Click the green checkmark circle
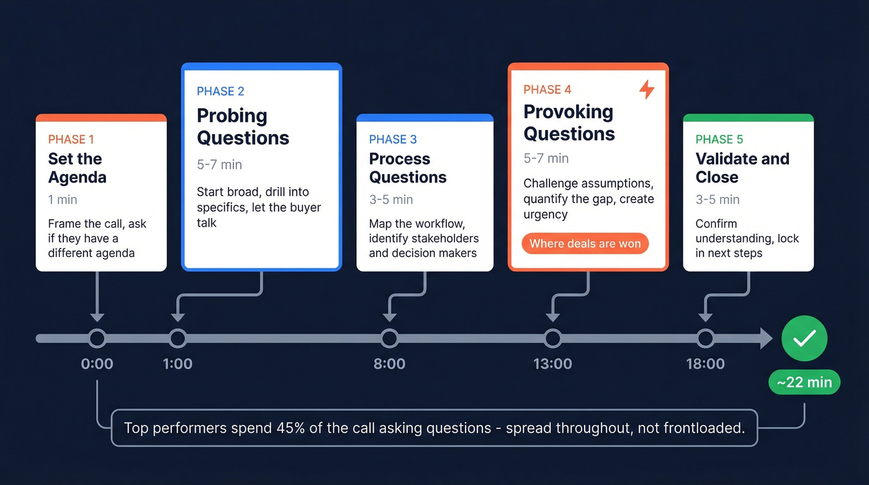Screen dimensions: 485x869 804,338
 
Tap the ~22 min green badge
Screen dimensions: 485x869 804,383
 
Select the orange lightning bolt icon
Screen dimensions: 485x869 647,89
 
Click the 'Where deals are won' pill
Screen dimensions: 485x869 585,243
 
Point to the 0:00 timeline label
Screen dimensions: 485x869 97,364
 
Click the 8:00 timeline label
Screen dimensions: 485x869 389,364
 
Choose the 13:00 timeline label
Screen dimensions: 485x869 552,364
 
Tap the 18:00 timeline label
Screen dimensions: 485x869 705,364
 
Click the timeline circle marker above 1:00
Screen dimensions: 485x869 178,338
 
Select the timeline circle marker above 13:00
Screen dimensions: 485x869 552,338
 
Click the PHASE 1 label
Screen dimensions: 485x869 71,139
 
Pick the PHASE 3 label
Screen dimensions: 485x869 392,139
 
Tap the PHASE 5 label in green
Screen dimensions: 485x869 719,139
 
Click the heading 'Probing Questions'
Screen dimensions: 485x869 243,127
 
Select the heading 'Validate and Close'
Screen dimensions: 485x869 742,168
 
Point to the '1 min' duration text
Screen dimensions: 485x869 63,199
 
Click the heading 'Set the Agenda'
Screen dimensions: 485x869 77,168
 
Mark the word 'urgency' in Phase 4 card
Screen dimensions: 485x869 546,215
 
